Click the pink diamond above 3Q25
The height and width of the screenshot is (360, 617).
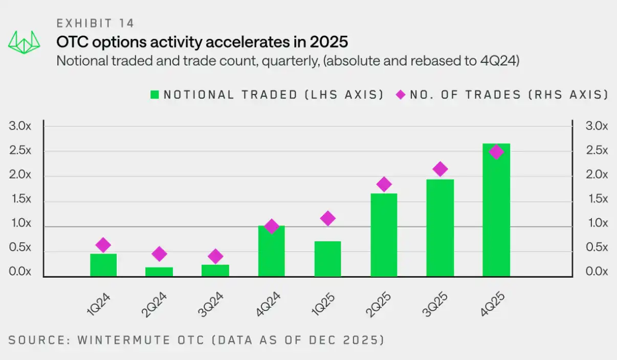pyautogui.click(x=440, y=169)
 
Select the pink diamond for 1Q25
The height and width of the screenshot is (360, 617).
pyautogui.click(x=327, y=218)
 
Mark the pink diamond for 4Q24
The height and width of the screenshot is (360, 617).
pyautogui.click(x=272, y=227)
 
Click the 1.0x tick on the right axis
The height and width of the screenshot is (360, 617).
pyautogui.click(x=597, y=223)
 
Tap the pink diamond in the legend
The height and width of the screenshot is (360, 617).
pyautogui.click(x=400, y=95)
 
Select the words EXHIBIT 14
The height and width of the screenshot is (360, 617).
pyautogui.click(x=95, y=23)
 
